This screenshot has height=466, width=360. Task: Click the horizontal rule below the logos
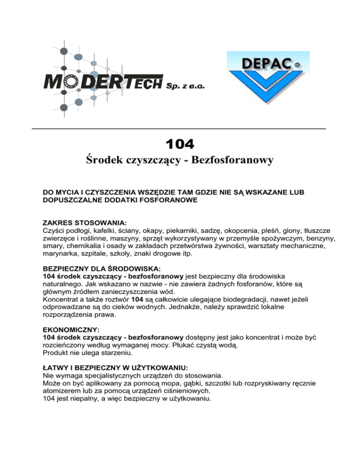179,128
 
